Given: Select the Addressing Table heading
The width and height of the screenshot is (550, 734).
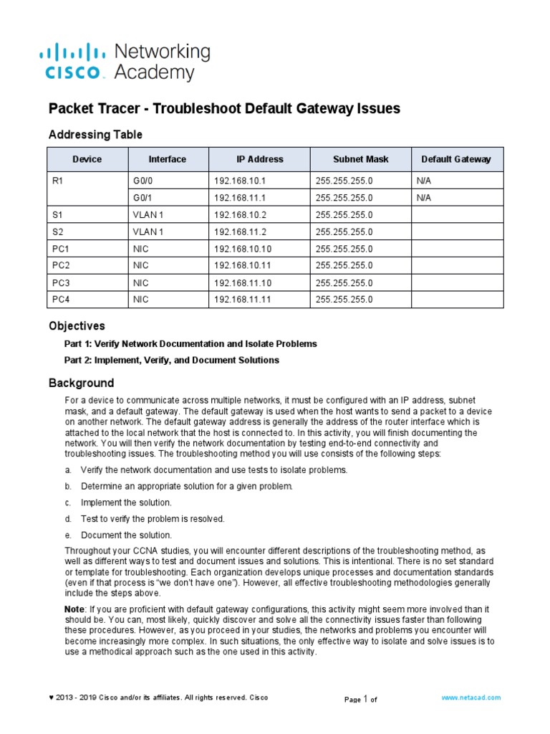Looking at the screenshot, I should [95, 135].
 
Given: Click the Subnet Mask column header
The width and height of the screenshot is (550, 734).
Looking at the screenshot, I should [361, 159].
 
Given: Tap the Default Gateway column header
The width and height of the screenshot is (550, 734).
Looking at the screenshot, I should [456, 159].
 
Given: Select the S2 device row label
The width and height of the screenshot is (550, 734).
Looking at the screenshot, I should [58, 232].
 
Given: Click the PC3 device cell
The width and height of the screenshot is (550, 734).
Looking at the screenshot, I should [62, 282].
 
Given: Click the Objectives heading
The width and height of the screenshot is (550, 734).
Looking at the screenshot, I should [76, 326].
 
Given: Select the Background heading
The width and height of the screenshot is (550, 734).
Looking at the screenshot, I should [80, 383].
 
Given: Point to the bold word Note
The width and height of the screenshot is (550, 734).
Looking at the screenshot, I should [74, 609].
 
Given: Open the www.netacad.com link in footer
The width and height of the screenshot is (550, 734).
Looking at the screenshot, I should [471, 697].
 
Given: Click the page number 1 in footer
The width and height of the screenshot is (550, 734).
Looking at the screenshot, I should [365, 698].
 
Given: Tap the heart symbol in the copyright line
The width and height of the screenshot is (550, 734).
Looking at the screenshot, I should [51, 698].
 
